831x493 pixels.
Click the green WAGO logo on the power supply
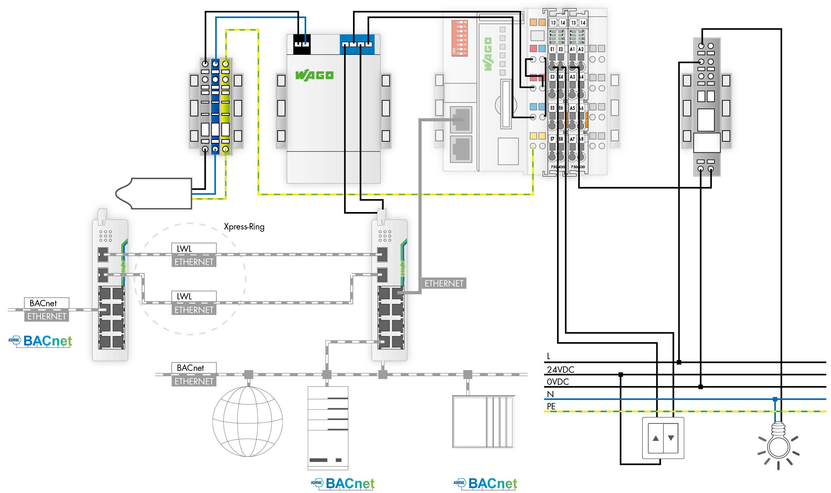point(314,75)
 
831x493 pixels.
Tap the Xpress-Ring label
point(244,227)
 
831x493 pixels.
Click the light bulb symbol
point(778,446)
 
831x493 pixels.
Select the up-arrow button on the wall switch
point(656,438)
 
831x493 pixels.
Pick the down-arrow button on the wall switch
point(671,438)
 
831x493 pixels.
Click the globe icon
point(247,421)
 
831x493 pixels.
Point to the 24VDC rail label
point(560,369)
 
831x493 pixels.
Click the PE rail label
point(551,406)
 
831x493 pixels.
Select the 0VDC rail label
point(558,382)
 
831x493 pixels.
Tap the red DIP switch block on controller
point(460,38)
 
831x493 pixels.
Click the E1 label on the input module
point(552,49)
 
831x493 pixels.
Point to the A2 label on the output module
point(581,49)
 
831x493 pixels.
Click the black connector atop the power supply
point(302,43)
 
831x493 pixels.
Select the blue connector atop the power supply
point(357,43)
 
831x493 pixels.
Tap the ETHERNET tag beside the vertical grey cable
point(444,283)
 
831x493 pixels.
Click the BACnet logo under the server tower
point(343,483)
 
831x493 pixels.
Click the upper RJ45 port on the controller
point(461,119)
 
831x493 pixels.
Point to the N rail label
point(550,394)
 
